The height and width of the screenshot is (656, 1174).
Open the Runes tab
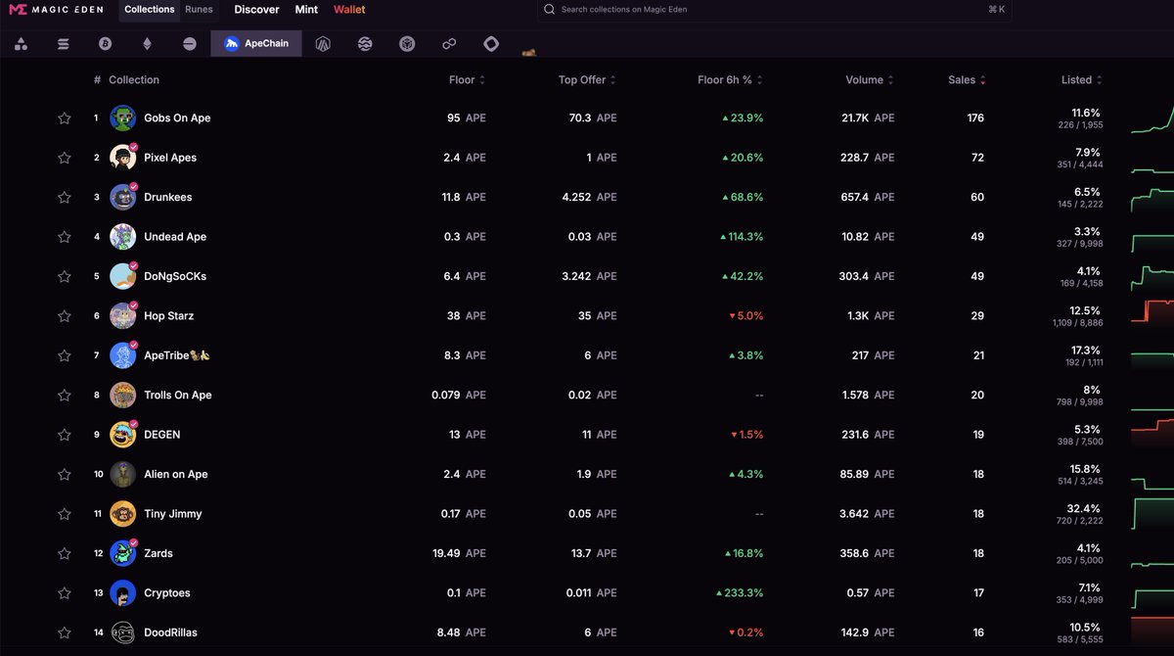[x=199, y=10]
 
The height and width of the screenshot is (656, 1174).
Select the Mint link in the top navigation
[x=306, y=10]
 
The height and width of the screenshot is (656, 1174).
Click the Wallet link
[x=349, y=10]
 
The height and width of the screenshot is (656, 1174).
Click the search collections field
[x=773, y=10]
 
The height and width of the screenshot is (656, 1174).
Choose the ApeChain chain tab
[x=256, y=44]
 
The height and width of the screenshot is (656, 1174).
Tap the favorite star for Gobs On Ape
[x=65, y=118]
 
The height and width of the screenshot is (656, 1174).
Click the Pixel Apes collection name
[x=170, y=158]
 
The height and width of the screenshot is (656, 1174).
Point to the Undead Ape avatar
[x=122, y=237]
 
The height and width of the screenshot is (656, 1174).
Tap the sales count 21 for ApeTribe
[x=978, y=356]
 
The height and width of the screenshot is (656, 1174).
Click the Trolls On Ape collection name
[x=177, y=396]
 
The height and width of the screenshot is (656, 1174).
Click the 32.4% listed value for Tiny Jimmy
[x=1085, y=509]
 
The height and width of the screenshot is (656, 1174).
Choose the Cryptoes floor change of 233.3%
[x=740, y=593]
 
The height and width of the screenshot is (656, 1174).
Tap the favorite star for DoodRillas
[x=65, y=633]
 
